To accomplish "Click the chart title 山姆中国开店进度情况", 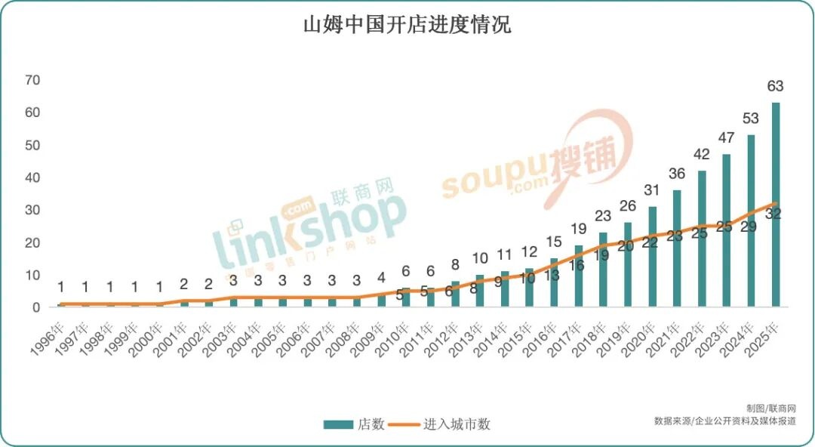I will (407, 25).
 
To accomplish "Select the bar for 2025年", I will (775, 205).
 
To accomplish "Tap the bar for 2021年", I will (677, 249).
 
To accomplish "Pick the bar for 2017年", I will (579, 276).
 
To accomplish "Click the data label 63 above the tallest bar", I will (775, 87).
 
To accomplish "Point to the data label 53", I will (750, 119).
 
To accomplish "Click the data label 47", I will (726, 138).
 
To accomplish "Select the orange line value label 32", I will (773, 214).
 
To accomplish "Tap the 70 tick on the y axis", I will (32, 80).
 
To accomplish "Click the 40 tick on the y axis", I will (32, 177).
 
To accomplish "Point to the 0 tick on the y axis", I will (35, 307).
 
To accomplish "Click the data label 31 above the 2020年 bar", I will (652, 190).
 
